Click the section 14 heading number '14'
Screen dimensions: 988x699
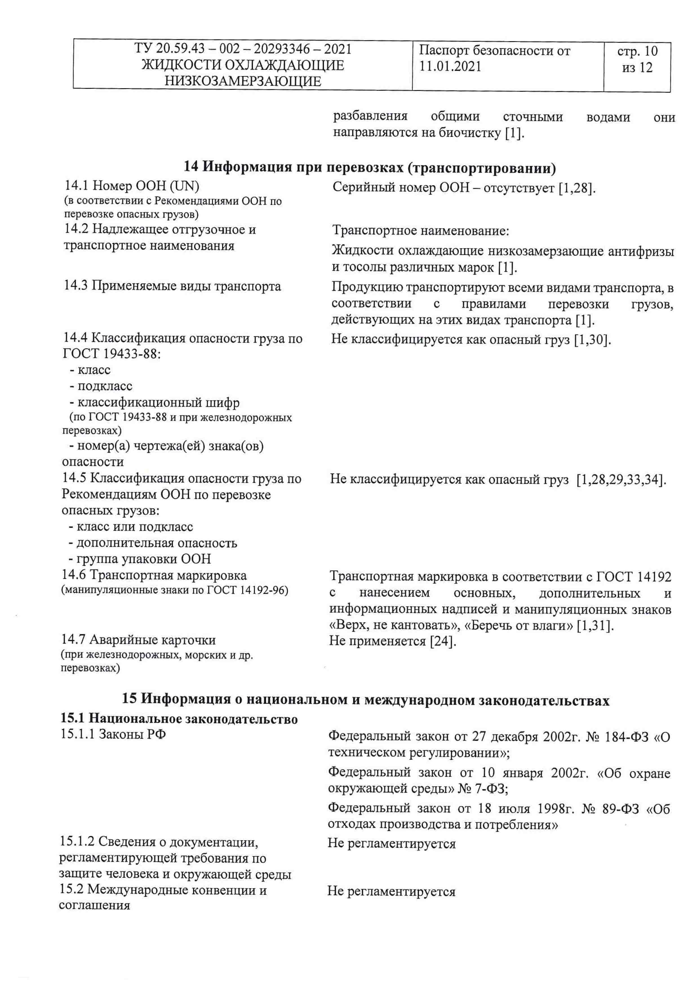[x=191, y=166]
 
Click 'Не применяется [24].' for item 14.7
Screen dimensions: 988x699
[x=392, y=641]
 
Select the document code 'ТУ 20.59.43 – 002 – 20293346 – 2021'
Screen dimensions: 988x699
[x=243, y=49]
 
